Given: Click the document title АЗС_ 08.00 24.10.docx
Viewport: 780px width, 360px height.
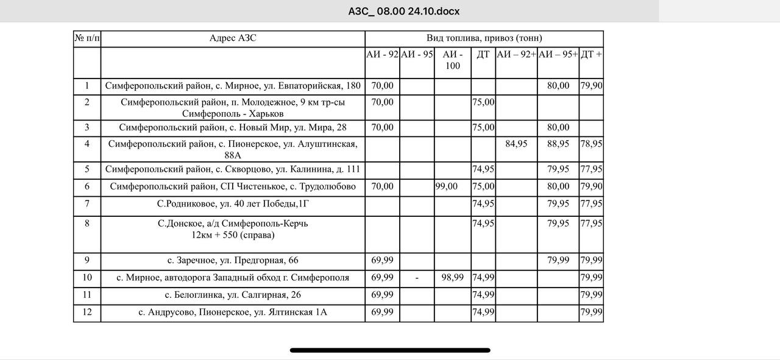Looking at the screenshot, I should [x=403, y=11].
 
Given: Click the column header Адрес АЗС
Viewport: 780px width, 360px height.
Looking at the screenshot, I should [x=233, y=38].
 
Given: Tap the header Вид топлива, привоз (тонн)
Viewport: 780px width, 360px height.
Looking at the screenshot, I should [x=484, y=38].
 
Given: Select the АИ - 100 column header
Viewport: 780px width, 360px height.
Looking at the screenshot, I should [x=452, y=60].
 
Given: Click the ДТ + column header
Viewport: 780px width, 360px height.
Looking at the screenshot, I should [x=591, y=54].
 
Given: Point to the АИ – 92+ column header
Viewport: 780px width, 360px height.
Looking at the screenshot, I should [x=516, y=54].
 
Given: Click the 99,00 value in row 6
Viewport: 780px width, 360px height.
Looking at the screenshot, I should [x=447, y=186].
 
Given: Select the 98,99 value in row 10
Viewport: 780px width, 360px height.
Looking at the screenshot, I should [x=452, y=278].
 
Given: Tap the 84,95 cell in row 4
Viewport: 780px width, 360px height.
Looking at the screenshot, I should [x=516, y=144].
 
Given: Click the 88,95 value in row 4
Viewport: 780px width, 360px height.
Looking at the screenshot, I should [x=558, y=144].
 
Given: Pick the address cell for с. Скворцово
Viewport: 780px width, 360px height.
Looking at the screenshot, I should [x=233, y=169].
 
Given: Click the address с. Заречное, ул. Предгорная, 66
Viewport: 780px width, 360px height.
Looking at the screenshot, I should [x=233, y=261].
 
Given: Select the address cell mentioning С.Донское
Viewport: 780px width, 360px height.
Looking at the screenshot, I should [x=233, y=229].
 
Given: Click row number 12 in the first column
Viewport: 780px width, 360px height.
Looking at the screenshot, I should [x=87, y=312].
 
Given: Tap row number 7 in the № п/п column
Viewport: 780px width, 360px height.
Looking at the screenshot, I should [x=87, y=203].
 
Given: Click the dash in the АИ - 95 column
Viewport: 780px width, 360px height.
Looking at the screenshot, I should [x=417, y=278].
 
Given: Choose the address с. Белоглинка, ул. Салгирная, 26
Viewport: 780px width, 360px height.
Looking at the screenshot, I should [x=233, y=295].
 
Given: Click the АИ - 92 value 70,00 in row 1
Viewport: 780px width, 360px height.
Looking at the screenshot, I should [x=382, y=86].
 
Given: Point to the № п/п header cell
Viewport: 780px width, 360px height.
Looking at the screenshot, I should [x=87, y=38].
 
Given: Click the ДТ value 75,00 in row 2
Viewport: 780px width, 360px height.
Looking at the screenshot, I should [x=483, y=102].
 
